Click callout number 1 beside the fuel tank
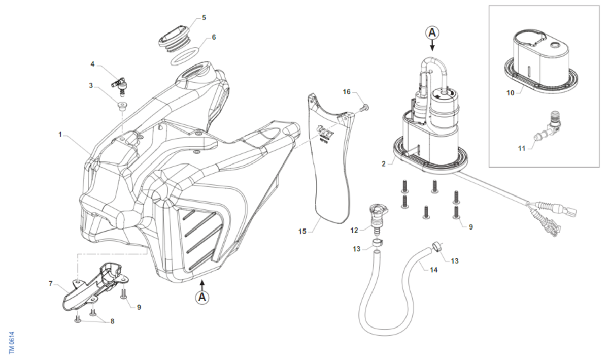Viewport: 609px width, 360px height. pyautogui.click(x=60, y=135)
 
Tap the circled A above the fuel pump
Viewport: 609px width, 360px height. pyautogui.click(x=432, y=32)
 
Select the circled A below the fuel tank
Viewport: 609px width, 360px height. pyautogui.click(x=202, y=297)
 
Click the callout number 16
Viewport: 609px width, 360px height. pyautogui.click(x=347, y=92)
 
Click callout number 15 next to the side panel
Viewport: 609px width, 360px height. pyautogui.click(x=302, y=232)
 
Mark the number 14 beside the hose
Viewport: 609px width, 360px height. pyautogui.click(x=433, y=270)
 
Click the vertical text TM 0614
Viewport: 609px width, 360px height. pyautogui.click(x=12, y=343)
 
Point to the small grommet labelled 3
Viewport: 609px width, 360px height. pyautogui.click(x=122, y=106)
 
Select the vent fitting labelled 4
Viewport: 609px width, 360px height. pyautogui.click(x=120, y=84)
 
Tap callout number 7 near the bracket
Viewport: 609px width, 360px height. pyautogui.click(x=51, y=284)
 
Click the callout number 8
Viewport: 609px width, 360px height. pyautogui.click(x=112, y=321)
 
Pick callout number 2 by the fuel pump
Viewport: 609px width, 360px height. pyautogui.click(x=384, y=163)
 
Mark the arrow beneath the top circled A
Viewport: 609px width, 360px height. pyautogui.click(x=432, y=46)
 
